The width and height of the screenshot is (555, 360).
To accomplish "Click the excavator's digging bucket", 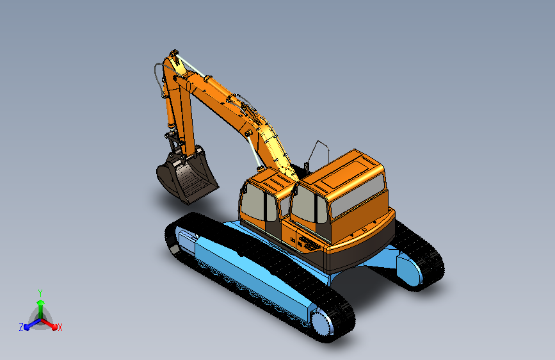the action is coord(186,176).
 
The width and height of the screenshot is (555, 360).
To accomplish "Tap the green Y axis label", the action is coord(40,293).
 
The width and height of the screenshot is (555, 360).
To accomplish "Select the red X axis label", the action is coord(60,327).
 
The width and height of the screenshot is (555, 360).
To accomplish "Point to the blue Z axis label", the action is coord(21,327).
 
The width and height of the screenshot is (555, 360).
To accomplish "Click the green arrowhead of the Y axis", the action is coord(41,302).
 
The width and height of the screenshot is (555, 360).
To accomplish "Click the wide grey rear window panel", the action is coord(357,195).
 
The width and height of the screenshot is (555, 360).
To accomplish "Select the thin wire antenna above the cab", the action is coord(318,152).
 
